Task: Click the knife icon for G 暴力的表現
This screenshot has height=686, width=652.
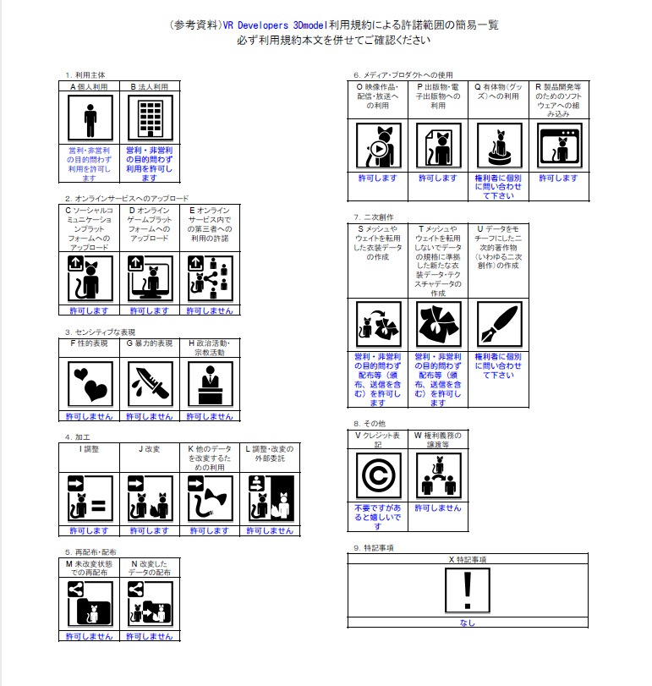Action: tap(149, 385)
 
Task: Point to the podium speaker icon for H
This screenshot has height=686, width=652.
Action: tap(208, 385)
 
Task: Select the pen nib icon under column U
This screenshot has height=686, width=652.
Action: tap(498, 324)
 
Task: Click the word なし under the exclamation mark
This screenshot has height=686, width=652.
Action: tap(467, 623)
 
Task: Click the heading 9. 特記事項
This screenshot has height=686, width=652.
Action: tap(373, 548)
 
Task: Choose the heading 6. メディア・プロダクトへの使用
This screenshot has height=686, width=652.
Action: tap(403, 74)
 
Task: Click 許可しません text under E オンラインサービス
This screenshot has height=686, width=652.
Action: tap(210, 310)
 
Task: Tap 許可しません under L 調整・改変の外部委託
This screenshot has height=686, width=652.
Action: tap(268, 530)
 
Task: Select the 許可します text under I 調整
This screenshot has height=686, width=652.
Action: tap(90, 530)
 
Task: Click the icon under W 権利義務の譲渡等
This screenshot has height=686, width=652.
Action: tap(438, 476)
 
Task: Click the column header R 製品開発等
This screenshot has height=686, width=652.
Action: tap(558, 99)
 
